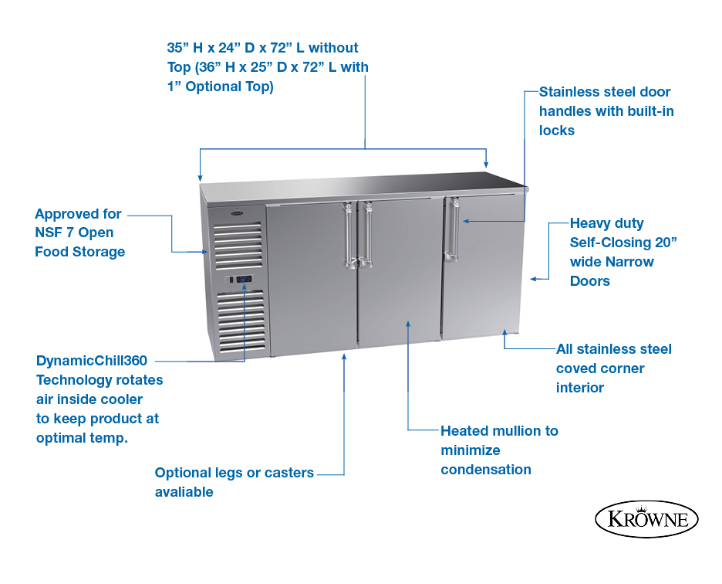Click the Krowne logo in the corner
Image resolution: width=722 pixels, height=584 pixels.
tap(646, 519)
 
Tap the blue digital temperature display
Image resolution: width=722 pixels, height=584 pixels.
tap(244, 279)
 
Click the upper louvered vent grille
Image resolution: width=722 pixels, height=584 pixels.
tap(238, 246)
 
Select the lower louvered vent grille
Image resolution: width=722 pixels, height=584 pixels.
tap(241, 321)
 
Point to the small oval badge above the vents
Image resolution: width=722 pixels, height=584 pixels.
tap(237, 213)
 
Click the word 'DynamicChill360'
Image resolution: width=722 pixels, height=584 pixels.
tap(92, 361)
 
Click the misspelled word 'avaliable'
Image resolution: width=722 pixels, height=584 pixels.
tap(184, 492)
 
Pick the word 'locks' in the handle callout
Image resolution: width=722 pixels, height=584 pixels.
tap(557, 131)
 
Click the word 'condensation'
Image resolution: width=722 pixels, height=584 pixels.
tap(486, 470)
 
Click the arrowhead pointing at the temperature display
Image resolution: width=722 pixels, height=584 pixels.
tap(245, 287)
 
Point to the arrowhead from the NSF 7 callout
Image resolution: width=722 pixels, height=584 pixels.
tap(204, 252)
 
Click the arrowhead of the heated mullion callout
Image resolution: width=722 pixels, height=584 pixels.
tap(408, 324)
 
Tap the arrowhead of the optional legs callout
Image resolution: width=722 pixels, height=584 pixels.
tap(344, 357)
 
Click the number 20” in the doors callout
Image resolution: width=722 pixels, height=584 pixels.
tap(666, 243)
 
